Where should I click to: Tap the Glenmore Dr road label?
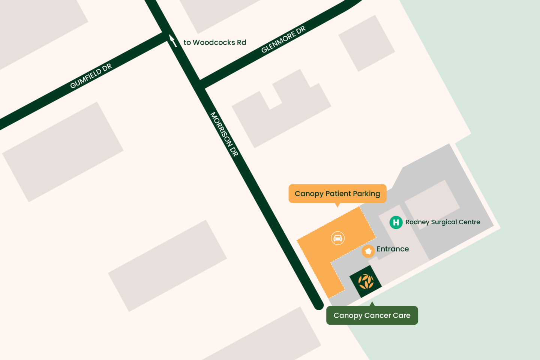pyautogui.click(x=283, y=40)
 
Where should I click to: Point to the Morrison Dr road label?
pyautogui.click(x=224, y=134)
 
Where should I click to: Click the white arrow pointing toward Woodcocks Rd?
pyautogui.click(x=173, y=40)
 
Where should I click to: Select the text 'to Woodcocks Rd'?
pyautogui.click(x=215, y=42)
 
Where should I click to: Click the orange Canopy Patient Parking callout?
pyautogui.click(x=337, y=193)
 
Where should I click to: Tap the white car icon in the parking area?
pyautogui.click(x=338, y=238)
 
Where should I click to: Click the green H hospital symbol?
pyautogui.click(x=396, y=222)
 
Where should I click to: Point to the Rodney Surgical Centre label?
pyautogui.click(x=442, y=222)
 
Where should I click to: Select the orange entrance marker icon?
pyautogui.click(x=368, y=251)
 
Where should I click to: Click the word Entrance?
pyautogui.click(x=393, y=249)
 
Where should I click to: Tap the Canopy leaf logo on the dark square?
pyautogui.click(x=366, y=282)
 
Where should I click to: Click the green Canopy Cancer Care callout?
pyautogui.click(x=372, y=315)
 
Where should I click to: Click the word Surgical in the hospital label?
pyautogui.click(x=447, y=222)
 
